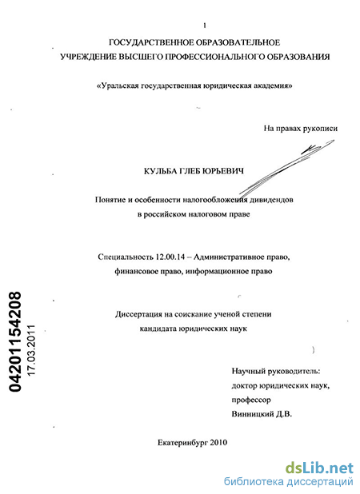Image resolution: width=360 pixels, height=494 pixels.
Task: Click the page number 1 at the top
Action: pos(205,26)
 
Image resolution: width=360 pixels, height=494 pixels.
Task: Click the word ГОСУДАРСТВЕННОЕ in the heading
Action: pos(149,42)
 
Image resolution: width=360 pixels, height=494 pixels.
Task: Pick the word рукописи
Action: pos(320,129)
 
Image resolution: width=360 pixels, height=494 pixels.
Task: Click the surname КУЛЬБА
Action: pos(160,171)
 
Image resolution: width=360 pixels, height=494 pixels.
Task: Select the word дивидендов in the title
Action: pos(271,200)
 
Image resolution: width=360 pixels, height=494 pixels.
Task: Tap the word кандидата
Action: pos(158,329)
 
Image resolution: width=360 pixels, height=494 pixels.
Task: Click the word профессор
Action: pos(251,400)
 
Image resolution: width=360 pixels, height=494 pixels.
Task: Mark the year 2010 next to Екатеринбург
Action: pos(218,443)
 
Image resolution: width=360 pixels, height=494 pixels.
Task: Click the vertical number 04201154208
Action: pos(15,341)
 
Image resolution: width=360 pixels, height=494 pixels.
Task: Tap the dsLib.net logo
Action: pos(319,468)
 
